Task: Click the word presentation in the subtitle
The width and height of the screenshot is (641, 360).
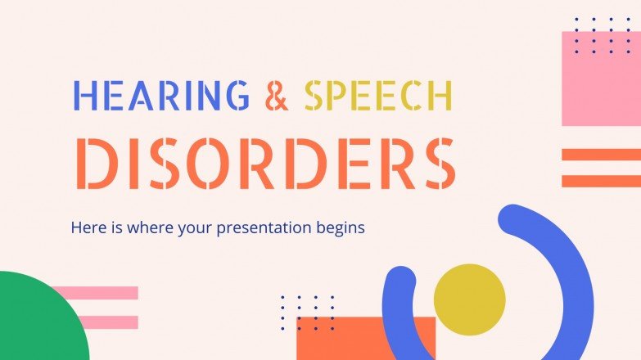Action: point(266,227)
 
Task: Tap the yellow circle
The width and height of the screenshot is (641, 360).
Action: point(469,299)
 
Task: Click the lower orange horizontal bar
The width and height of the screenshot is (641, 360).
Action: point(601,181)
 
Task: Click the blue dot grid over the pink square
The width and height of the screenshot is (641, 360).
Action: point(602,35)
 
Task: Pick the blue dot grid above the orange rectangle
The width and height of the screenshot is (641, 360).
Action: point(308,312)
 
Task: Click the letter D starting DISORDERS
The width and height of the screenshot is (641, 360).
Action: point(95,164)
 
